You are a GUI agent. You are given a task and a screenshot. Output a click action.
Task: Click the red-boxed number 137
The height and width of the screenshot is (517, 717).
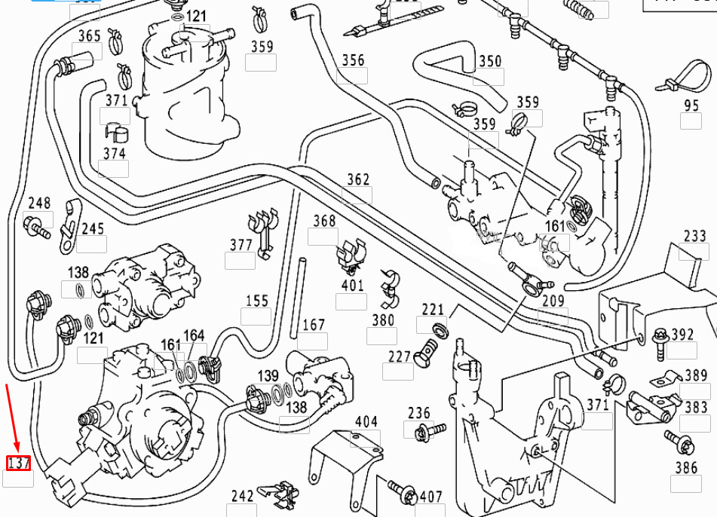click(18, 463)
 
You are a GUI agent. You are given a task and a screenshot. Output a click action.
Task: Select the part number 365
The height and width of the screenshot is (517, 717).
click(90, 36)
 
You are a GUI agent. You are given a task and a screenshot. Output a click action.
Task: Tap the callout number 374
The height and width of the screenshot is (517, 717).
click(114, 153)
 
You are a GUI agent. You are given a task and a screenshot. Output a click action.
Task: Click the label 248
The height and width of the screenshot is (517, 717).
click(39, 203)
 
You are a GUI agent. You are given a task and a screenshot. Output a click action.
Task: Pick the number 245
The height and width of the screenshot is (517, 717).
click(93, 228)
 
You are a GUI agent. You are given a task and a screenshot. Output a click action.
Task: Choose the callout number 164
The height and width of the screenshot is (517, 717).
click(194, 335)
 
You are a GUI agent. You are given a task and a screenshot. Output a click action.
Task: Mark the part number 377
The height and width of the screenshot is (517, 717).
click(241, 244)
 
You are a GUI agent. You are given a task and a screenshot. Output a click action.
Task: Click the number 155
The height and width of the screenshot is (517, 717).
click(256, 301)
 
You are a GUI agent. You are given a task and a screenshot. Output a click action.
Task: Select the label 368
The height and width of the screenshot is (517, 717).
click(324, 221)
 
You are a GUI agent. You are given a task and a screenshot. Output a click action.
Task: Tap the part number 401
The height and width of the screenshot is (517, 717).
click(352, 286)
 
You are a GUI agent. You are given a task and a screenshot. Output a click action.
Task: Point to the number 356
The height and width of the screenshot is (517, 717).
click(353, 60)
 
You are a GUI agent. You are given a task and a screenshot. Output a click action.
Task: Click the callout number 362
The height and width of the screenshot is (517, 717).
click(358, 179)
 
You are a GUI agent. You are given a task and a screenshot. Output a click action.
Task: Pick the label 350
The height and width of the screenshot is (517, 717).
click(490, 61)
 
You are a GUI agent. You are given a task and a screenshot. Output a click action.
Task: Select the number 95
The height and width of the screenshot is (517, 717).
click(691, 106)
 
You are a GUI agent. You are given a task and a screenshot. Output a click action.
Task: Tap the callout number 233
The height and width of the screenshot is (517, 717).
click(694, 236)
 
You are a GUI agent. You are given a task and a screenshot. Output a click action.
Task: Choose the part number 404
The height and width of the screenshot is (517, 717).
click(366, 422)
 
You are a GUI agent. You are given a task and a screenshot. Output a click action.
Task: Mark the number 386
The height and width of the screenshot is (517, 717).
click(686, 468)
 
